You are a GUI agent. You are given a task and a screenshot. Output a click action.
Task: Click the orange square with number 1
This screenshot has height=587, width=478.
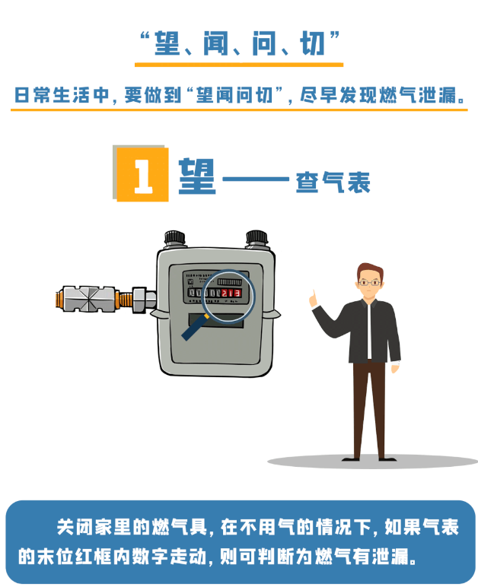pos(142,174)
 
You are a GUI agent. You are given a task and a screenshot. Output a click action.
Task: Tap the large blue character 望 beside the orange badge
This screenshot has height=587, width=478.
pos(197,176)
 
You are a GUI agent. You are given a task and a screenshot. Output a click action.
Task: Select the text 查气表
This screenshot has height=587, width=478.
pos(333,182)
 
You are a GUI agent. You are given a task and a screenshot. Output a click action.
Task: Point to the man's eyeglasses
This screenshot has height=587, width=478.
pos(370,283)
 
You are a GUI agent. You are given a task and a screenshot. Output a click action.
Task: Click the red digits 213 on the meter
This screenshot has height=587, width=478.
pos(231,293)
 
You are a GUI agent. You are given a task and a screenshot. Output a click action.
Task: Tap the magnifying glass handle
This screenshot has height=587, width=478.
pos(195,327)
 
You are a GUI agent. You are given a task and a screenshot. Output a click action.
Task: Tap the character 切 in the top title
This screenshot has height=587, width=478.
pos(312,43)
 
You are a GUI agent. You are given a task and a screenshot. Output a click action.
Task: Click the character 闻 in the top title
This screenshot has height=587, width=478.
pos(215,43)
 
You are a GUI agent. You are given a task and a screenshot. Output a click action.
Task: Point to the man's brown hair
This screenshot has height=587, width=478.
pos(370,271)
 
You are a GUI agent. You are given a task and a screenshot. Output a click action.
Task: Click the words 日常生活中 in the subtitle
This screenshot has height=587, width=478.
pos(62,96)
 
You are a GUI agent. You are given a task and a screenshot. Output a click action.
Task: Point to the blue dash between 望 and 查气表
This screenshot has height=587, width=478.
pos(256,179)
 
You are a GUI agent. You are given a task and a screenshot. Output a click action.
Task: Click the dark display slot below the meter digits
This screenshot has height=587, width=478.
pos(215,320)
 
